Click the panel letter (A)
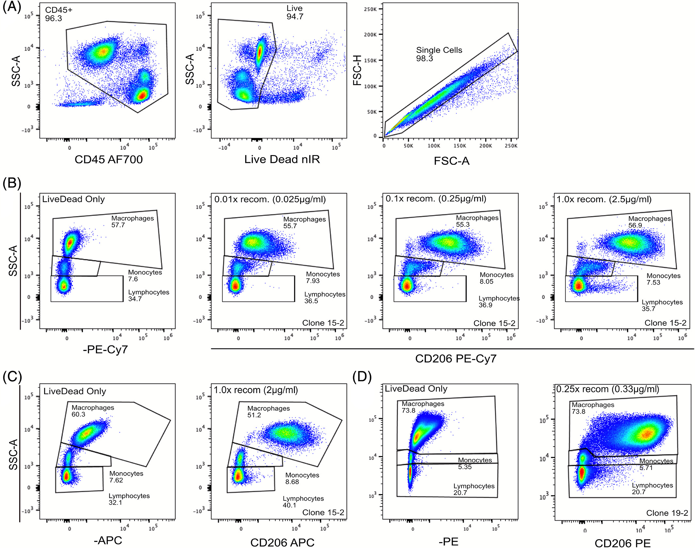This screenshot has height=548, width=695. point(12,7)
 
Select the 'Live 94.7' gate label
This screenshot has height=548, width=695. point(295,12)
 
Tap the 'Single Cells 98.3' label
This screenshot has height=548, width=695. point(439,54)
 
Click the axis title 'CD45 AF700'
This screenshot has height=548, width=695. point(108,159)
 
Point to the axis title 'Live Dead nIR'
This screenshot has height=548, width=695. point(282,159)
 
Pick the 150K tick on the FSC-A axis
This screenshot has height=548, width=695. point(460,146)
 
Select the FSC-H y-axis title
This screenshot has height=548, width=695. point(358,70)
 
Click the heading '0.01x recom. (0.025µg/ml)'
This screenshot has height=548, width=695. point(270,199)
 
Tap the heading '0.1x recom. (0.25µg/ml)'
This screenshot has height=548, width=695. point(436,198)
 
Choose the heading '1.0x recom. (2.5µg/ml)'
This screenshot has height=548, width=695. point(604,199)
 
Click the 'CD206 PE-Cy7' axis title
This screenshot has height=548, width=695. point(456,359)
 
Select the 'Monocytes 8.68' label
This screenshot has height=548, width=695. point(302,478)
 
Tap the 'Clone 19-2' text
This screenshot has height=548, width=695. point(667,513)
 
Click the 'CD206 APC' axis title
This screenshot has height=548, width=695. point(282,542)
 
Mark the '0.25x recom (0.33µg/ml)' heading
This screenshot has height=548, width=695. point(607,389)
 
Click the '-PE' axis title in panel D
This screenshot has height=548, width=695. point(448,541)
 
